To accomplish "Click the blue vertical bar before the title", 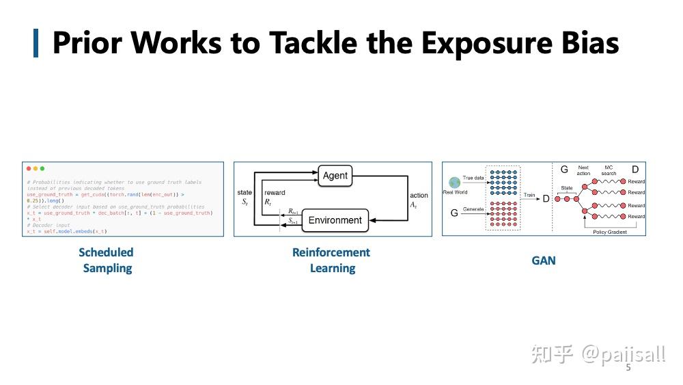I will pyautogui.click(x=36, y=43).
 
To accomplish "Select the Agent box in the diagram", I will pyautogui.click(x=335, y=176).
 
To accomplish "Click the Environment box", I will pyautogui.click(x=335, y=220).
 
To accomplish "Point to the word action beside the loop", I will pyautogui.click(x=419, y=196).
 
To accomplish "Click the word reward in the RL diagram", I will pyautogui.click(x=275, y=193).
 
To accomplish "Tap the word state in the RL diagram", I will pyautogui.click(x=245, y=193).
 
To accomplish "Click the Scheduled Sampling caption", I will pyautogui.click(x=107, y=260).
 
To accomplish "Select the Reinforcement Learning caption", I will pyautogui.click(x=331, y=260).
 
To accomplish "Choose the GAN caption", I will pyautogui.click(x=544, y=261).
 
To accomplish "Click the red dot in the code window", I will pyautogui.click(x=28, y=168).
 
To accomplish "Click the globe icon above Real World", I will pyautogui.click(x=454, y=183).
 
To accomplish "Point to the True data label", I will pyautogui.click(x=472, y=178).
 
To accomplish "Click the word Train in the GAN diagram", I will pyautogui.click(x=529, y=196).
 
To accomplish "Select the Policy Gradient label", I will pyautogui.click(x=610, y=232).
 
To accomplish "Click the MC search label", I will pyautogui.click(x=609, y=170).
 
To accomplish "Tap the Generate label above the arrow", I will pyautogui.click(x=473, y=209).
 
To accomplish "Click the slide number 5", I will pyautogui.click(x=628, y=368).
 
